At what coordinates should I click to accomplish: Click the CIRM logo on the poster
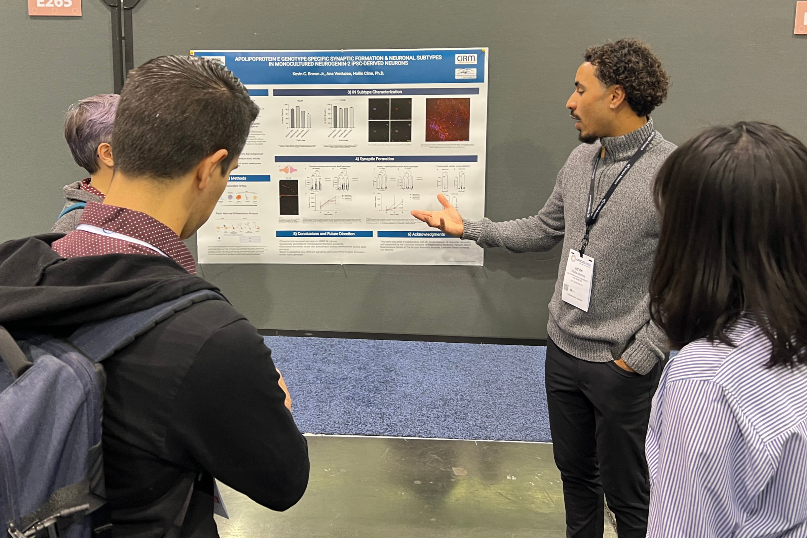466,59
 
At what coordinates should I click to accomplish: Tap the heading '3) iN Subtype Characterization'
375,92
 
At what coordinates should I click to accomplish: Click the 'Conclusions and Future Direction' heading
323,234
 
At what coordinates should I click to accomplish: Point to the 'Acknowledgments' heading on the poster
426,234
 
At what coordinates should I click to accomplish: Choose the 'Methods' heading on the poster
239,178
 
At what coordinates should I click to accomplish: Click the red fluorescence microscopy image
448,119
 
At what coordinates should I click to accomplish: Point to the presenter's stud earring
613,107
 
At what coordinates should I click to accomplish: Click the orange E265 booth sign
55,7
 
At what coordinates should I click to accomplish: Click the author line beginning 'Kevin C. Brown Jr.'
338,73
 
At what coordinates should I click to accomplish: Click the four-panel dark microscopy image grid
390,120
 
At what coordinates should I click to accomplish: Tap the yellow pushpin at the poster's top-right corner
484,51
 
